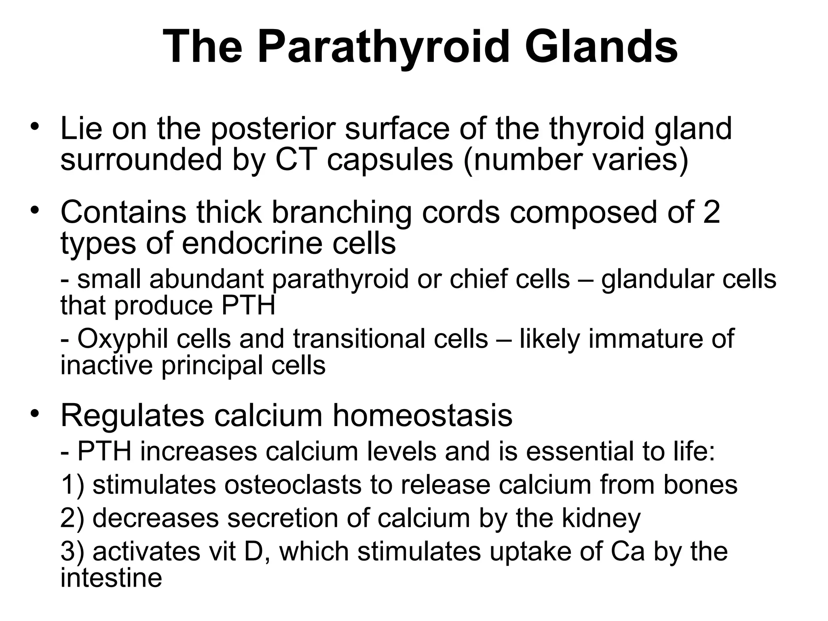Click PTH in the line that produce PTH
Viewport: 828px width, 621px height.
tap(248, 306)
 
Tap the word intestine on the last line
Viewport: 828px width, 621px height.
tap(111, 577)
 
